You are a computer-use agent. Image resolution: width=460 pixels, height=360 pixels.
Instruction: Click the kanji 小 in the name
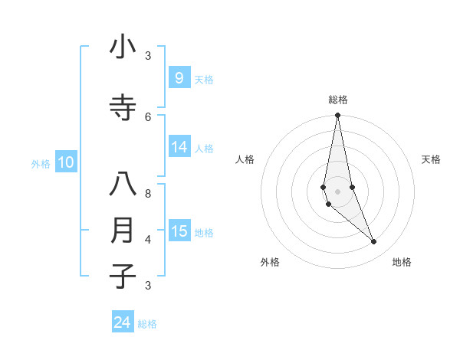pyautogui.click(x=123, y=48)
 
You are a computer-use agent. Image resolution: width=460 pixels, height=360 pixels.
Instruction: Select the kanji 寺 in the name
pyautogui.click(x=123, y=109)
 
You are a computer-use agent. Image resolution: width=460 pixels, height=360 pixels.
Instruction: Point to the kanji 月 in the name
pyautogui.click(x=123, y=231)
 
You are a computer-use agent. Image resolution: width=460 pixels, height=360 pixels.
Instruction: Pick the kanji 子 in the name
pyautogui.click(x=123, y=276)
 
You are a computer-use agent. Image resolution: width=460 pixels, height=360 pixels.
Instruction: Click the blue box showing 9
pyautogui.click(x=179, y=78)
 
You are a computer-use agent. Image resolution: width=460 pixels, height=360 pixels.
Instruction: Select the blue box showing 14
pyautogui.click(x=179, y=147)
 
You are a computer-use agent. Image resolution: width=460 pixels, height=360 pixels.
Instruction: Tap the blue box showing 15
pyautogui.click(x=179, y=231)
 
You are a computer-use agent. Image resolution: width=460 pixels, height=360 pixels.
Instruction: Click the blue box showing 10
pyautogui.click(x=66, y=162)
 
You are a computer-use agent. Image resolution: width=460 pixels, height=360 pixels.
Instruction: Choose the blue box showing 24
pyautogui.click(x=123, y=322)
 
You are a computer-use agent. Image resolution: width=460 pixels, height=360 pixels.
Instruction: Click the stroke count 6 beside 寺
pyautogui.click(x=148, y=116)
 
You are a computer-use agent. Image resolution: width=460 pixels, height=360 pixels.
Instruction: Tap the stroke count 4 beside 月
pyautogui.click(x=148, y=239)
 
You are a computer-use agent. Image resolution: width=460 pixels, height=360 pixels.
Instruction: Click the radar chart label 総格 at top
pyautogui.click(x=338, y=100)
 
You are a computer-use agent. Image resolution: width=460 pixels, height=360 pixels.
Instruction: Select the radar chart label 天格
pyautogui.click(x=431, y=159)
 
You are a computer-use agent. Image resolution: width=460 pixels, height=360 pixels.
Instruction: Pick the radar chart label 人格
pyautogui.click(x=245, y=159)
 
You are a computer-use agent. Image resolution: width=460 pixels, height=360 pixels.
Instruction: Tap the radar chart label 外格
pyautogui.click(x=270, y=262)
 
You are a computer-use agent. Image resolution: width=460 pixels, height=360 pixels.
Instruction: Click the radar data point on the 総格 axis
pyautogui.click(x=337, y=116)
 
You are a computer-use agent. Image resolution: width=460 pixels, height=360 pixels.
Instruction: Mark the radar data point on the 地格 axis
pyautogui.click(x=374, y=242)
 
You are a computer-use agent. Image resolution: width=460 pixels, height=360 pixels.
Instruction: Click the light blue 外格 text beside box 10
pyautogui.click(x=41, y=163)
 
